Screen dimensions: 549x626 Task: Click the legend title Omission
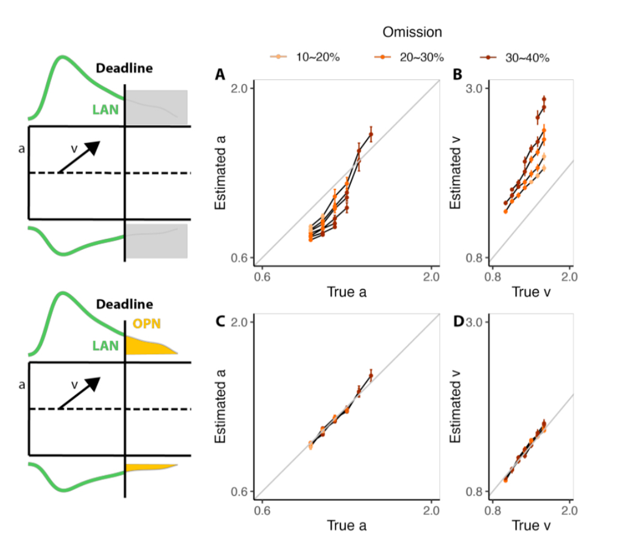(412, 32)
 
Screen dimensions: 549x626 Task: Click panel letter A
(220, 75)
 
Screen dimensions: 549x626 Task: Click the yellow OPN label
(147, 324)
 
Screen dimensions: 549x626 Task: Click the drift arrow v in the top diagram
(79, 157)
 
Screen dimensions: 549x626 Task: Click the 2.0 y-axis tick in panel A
(242, 88)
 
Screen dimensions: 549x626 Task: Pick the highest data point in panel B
(544, 99)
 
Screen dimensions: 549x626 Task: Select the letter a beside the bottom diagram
(22, 384)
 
